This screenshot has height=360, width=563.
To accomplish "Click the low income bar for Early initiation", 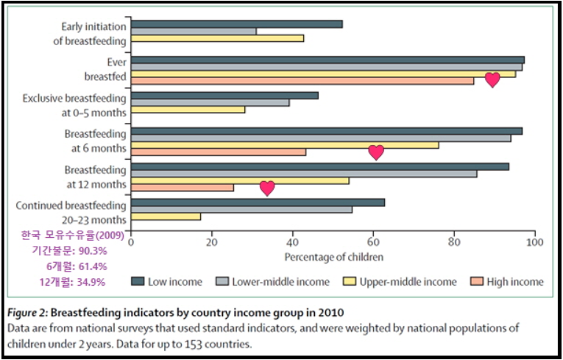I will (x=236, y=24).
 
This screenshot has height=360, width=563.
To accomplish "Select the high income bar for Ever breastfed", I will (x=302, y=80).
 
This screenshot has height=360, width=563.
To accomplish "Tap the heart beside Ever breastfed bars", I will (x=492, y=80).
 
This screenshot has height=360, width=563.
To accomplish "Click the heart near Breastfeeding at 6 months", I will (x=376, y=152).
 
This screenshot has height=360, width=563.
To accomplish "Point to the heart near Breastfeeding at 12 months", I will (x=268, y=188).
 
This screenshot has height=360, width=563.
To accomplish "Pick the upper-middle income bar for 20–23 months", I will (x=166, y=217).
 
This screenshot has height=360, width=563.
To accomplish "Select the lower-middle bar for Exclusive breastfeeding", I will (x=210, y=102).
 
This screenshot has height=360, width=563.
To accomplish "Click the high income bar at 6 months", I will (x=219, y=152).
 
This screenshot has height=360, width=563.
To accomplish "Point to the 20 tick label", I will (x=212, y=242).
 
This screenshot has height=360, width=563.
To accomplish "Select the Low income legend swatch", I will (x=138, y=281).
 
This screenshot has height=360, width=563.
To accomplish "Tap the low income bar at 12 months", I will (x=319, y=166).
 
